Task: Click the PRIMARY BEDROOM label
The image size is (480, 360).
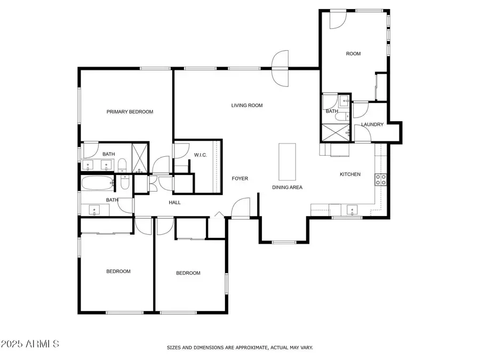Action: click(x=130, y=112)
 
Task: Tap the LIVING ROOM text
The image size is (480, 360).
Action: click(x=247, y=106)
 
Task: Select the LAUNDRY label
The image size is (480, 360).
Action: click(x=372, y=125)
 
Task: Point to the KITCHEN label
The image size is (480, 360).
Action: click(x=350, y=174)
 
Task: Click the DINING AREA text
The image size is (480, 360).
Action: click(x=287, y=187)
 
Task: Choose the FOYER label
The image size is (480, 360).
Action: click(x=239, y=179)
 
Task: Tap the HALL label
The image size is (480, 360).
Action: click(x=175, y=203)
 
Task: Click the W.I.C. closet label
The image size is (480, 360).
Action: click(x=201, y=155)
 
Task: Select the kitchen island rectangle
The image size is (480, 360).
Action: click(x=287, y=162)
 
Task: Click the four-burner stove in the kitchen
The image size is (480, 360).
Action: click(x=381, y=180)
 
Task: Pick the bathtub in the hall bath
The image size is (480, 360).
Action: click(x=97, y=183)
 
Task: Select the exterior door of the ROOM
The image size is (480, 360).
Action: click(x=337, y=19)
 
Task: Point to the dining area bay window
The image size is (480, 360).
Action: click(x=283, y=243)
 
